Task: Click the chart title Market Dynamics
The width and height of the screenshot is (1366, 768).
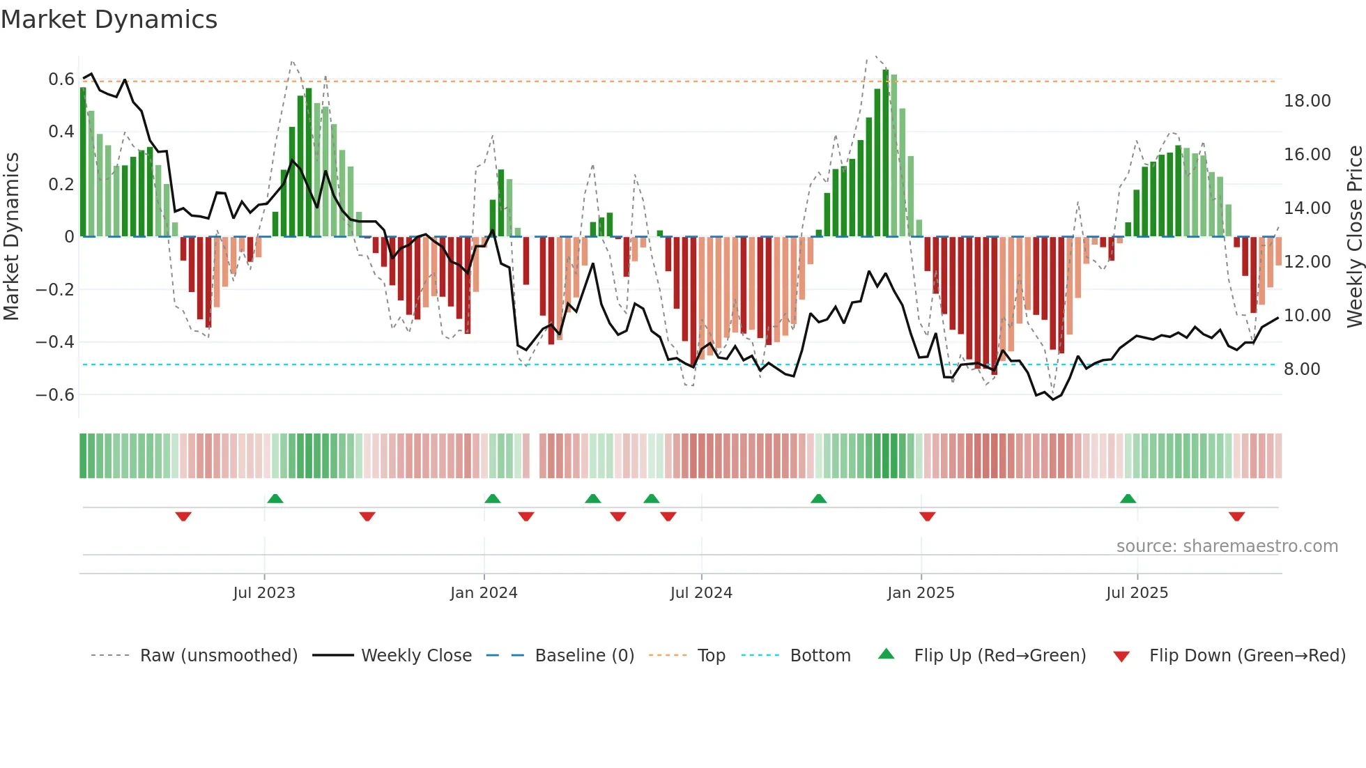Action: click(109, 20)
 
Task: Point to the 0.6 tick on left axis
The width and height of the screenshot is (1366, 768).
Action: click(61, 79)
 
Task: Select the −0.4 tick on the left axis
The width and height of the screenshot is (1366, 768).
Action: click(55, 342)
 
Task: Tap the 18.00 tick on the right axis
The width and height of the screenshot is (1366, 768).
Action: click(1307, 101)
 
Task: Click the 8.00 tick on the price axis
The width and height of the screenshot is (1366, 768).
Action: click(1302, 369)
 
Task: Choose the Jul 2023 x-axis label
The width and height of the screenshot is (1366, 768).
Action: click(264, 593)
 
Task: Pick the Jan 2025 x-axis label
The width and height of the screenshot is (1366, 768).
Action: click(921, 593)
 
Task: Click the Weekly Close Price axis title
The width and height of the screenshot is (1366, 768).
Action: click(1354, 237)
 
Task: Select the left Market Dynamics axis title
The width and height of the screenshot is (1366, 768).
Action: click(12, 237)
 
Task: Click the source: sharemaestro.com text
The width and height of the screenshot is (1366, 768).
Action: click(1227, 546)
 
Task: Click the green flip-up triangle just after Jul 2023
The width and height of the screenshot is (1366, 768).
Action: click(275, 498)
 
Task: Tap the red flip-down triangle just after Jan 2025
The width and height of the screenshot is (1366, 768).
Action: click(927, 516)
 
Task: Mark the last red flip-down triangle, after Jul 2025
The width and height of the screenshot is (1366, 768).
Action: click(1236, 516)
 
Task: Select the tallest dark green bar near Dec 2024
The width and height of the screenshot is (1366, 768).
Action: click(886, 153)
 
